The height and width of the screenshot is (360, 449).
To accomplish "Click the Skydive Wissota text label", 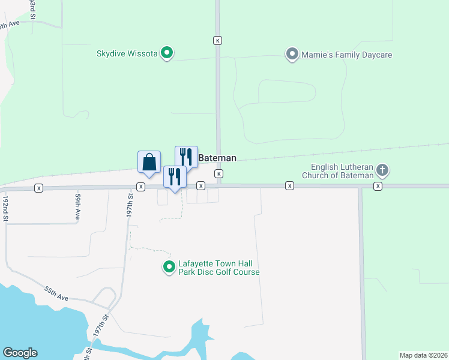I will [127, 53].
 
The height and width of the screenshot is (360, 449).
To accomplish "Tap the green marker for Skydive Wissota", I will [168, 53].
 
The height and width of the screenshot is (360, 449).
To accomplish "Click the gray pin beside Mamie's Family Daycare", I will [292, 55].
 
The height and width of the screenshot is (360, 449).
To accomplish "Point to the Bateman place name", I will [217, 158].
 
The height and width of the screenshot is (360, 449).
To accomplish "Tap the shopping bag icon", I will [149, 162].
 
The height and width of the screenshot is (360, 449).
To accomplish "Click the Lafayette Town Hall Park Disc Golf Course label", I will [218, 268].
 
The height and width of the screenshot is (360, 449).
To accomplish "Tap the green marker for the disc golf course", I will [168, 268].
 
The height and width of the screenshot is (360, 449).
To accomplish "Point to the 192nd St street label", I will [5, 208].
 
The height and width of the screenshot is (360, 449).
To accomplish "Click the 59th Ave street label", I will [78, 205].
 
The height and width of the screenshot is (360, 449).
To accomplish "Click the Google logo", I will [20, 353].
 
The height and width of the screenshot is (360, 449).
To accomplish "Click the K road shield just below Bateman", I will [219, 173].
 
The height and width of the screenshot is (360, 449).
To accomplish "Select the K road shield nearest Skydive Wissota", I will [217, 40].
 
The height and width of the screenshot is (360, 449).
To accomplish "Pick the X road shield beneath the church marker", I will [378, 187].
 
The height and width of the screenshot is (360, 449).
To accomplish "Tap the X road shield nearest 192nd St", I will [39, 188].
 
